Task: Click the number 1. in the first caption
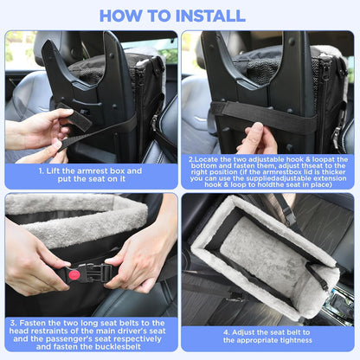(x=41, y=170)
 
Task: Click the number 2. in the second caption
(x=191, y=159)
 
